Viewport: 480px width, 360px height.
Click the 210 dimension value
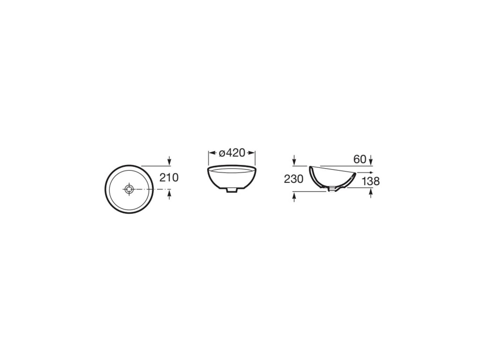[x=169, y=178]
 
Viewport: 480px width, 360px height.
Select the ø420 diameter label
[x=232, y=153]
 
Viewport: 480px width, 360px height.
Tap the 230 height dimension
[x=294, y=179]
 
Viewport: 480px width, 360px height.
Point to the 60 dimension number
[x=360, y=159]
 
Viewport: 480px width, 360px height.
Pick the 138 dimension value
[x=371, y=181]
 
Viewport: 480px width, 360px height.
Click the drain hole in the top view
[x=129, y=189]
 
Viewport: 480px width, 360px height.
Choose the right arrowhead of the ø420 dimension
[x=252, y=153]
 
